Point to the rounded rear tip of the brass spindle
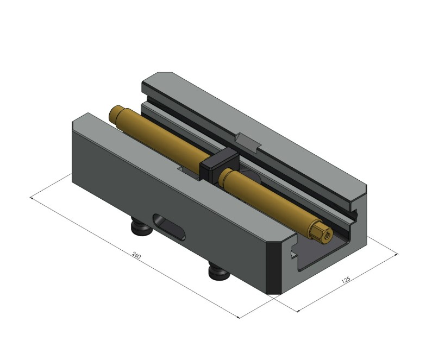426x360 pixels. pos(115,112)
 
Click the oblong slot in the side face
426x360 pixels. pos(168,228)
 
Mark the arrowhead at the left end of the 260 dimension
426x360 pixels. pos(33,199)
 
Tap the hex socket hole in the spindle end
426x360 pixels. pos(325,235)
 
